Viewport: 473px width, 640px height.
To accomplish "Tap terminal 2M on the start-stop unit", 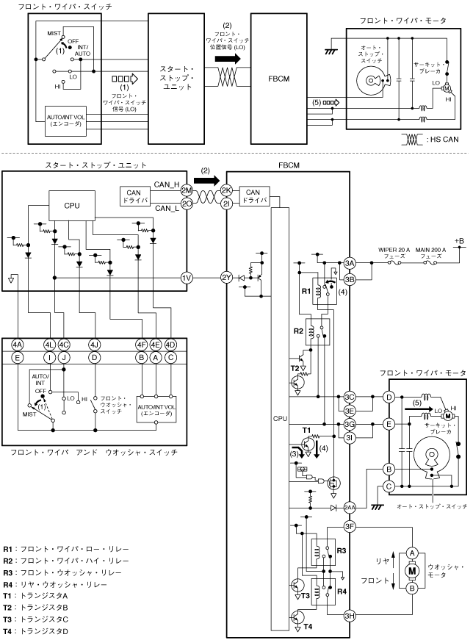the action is [x=187, y=190].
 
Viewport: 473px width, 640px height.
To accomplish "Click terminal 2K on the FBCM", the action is [x=226, y=190].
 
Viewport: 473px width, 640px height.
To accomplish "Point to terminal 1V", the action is [x=187, y=278].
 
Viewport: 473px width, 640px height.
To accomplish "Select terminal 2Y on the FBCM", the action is [x=226, y=278].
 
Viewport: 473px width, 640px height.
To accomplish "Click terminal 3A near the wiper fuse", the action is [x=350, y=263].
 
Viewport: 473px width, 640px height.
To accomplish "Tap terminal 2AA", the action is [x=350, y=508].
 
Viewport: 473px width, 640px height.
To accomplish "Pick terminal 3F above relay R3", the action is [x=350, y=527].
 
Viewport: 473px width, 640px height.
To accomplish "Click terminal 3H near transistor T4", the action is [x=350, y=616].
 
